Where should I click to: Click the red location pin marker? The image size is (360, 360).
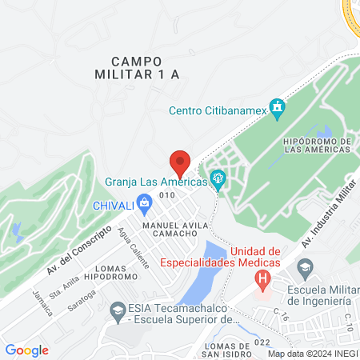coord(180,162)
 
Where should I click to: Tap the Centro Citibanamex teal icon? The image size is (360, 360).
coord(278,107)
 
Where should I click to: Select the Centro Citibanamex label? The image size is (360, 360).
coord(218,111)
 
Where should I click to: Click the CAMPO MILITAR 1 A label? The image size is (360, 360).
coord(137,67)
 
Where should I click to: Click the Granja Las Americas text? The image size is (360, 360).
coord(156,182)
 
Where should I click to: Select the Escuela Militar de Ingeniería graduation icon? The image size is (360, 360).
coord(304,266)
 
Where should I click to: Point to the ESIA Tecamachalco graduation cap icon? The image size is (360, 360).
coord(117,310)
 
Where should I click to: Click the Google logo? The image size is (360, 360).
coord(26,350)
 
